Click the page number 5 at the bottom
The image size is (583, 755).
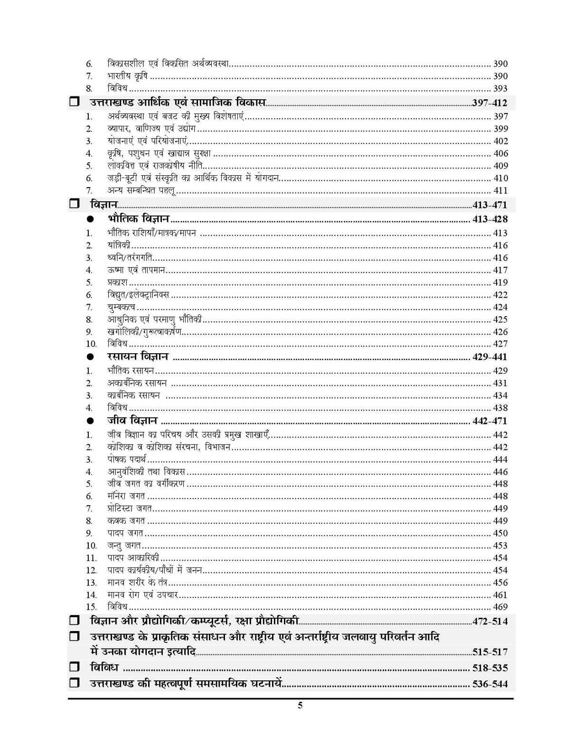(300, 705)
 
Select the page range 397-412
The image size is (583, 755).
(489, 103)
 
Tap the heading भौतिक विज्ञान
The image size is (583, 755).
(138, 219)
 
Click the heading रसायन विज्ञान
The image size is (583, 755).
(138, 357)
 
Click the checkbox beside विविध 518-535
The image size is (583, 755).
(74, 667)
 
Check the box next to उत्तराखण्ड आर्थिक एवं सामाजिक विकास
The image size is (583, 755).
(74, 102)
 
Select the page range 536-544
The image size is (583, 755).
(490, 684)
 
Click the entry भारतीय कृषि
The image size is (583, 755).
(127, 76)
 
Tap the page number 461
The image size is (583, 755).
(500, 595)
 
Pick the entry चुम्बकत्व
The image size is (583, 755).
(121, 307)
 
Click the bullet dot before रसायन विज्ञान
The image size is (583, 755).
(91, 357)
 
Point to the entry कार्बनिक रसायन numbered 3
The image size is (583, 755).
(133, 396)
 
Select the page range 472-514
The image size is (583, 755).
(490, 621)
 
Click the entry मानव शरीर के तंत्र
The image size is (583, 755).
(137, 583)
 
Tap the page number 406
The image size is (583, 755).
(500, 153)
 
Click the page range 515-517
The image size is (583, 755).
(490, 651)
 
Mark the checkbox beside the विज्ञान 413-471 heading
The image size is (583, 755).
(74, 205)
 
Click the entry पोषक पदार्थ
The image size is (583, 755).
(127, 460)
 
